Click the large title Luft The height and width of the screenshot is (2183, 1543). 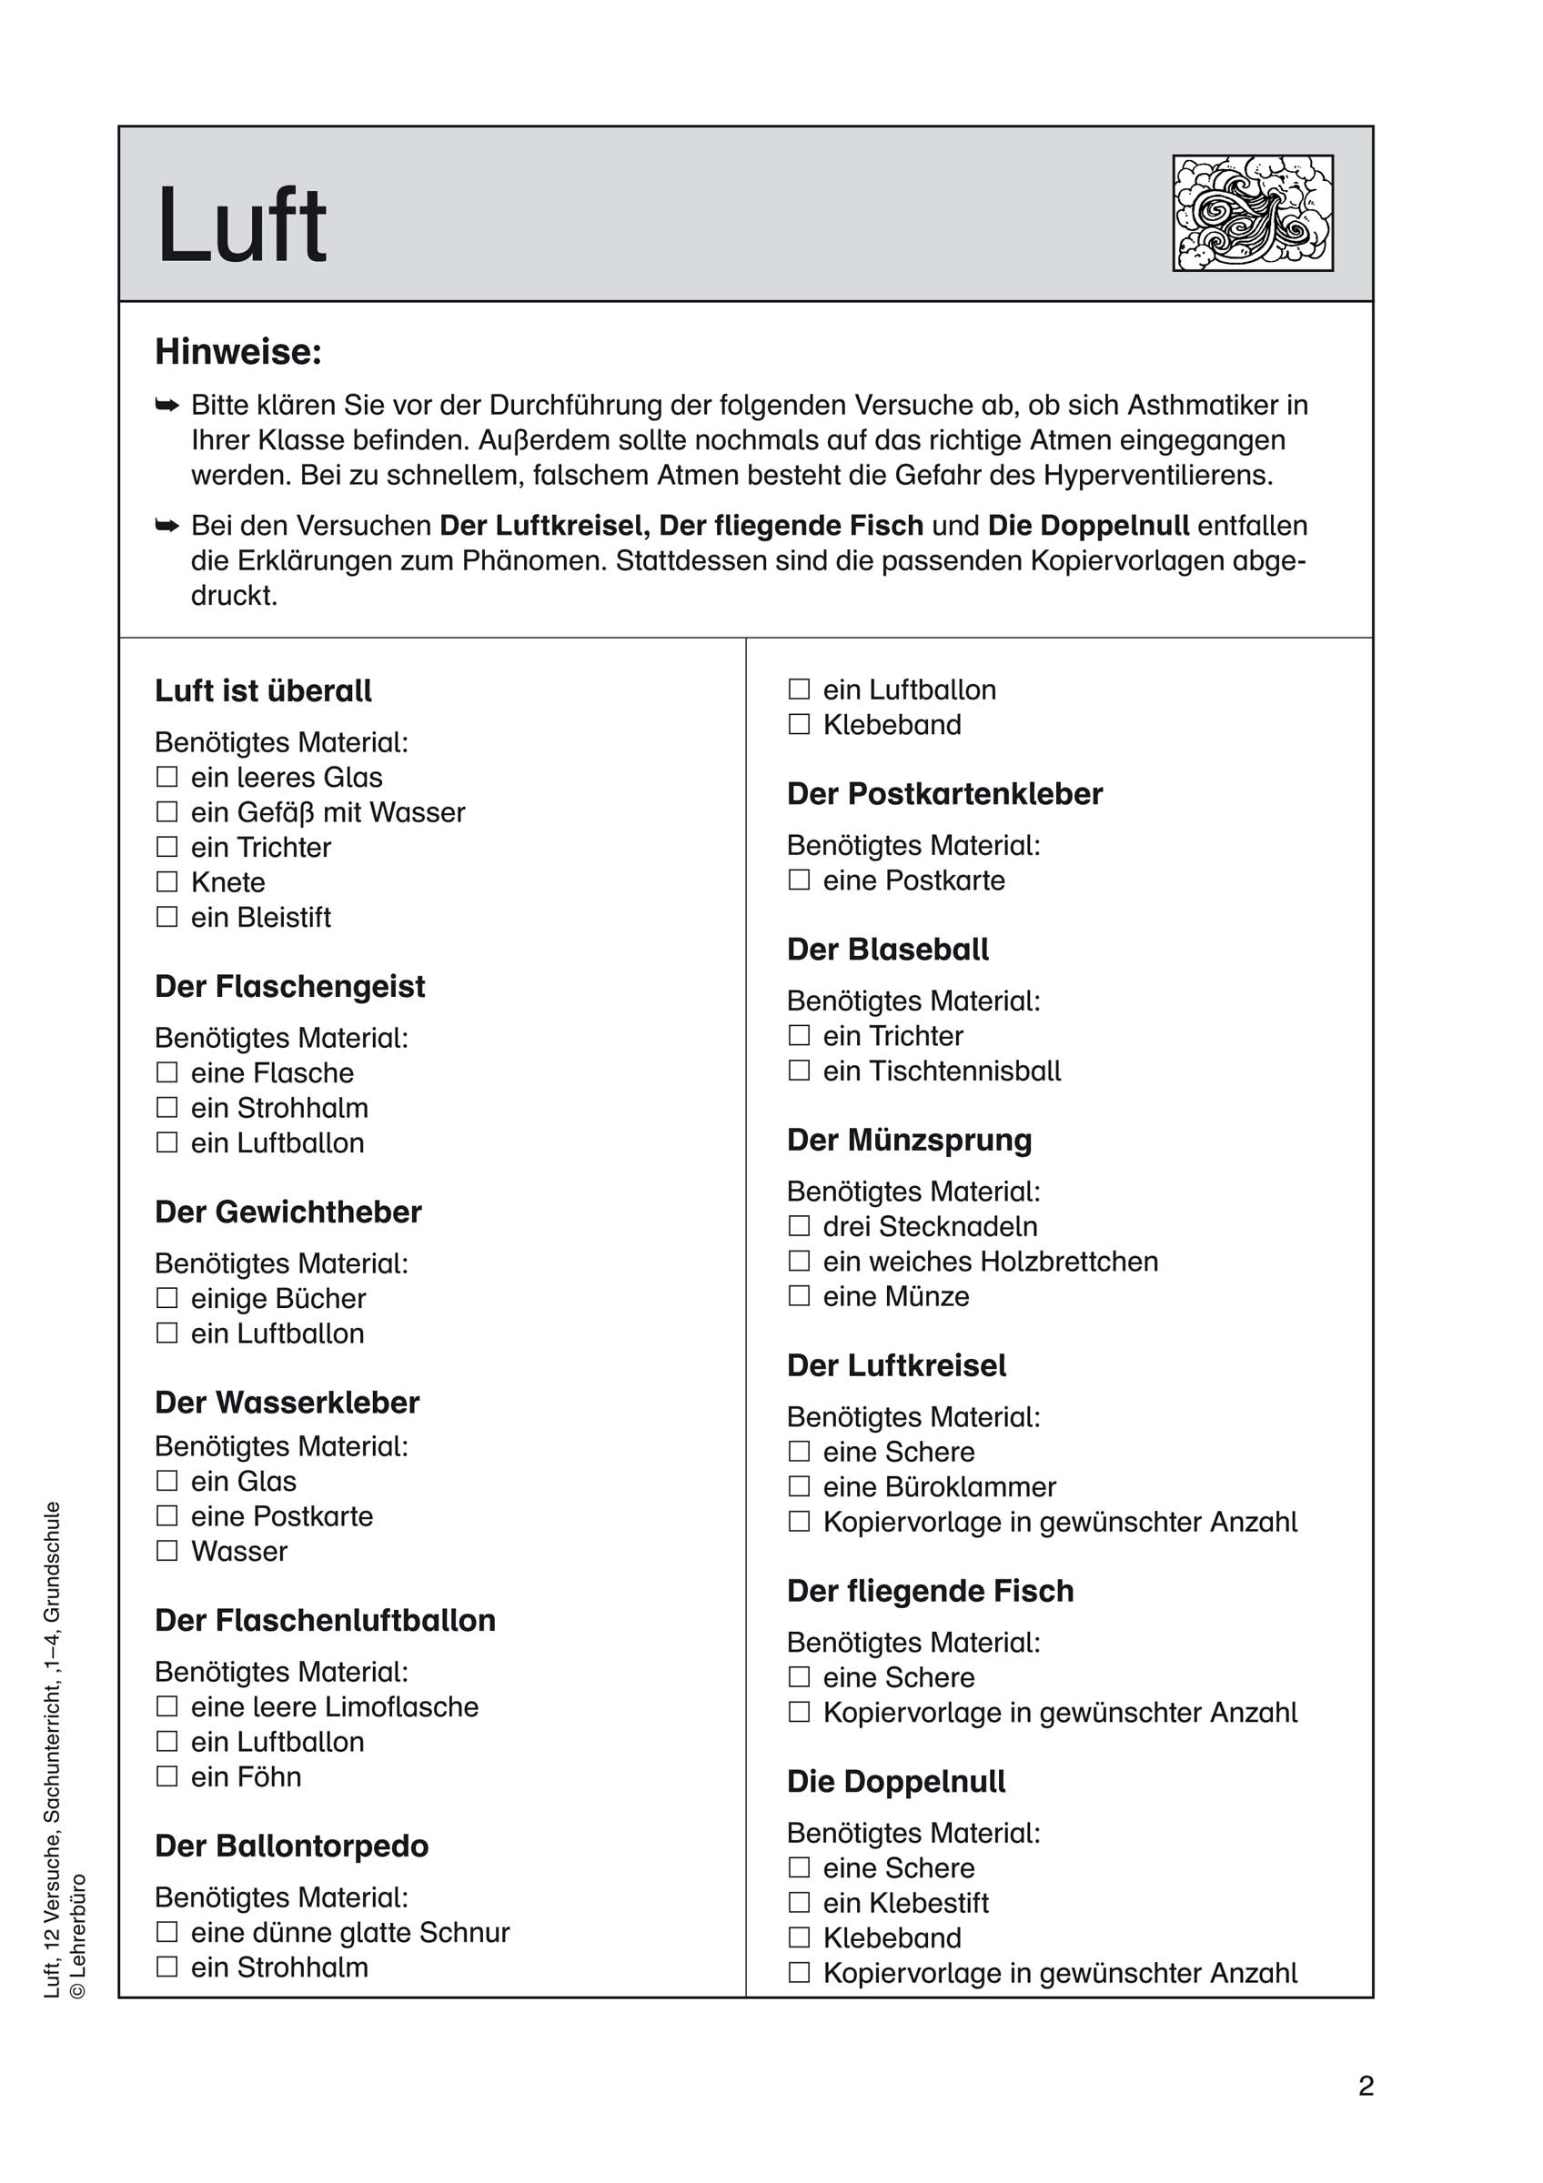click(241, 226)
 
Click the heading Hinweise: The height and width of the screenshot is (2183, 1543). click(238, 352)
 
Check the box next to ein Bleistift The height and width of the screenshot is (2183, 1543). click(167, 917)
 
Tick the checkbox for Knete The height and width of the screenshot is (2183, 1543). click(167, 881)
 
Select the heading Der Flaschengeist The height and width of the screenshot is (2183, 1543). click(290, 986)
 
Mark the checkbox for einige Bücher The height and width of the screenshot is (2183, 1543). click(167, 1298)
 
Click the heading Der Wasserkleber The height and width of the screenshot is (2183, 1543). click(287, 1403)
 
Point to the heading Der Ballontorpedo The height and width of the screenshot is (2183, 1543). click(292, 1846)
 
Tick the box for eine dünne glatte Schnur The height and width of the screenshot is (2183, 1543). click(167, 1932)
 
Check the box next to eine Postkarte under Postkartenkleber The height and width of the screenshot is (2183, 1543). click(800, 880)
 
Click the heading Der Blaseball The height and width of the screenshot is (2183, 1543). click(888, 949)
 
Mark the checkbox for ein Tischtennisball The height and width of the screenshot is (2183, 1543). click(800, 1071)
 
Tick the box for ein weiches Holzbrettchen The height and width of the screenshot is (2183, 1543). click(800, 1261)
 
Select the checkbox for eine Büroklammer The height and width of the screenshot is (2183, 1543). click(800, 1486)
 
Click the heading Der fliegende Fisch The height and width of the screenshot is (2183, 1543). click(930, 1591)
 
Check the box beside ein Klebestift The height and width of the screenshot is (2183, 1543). click(800, 1903)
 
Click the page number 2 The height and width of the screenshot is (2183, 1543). click(1367, 2086)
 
